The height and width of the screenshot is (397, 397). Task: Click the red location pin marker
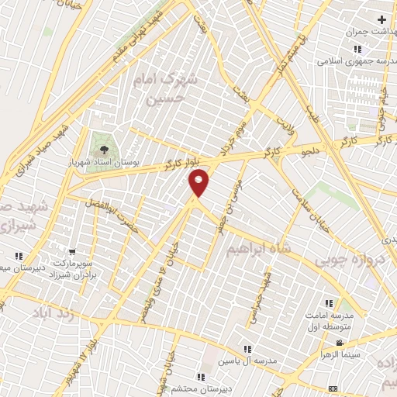tap(199, 183)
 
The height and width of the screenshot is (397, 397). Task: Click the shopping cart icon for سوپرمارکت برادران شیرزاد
tap(72, 251)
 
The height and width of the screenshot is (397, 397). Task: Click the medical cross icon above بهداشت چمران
tap(381, 19)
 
